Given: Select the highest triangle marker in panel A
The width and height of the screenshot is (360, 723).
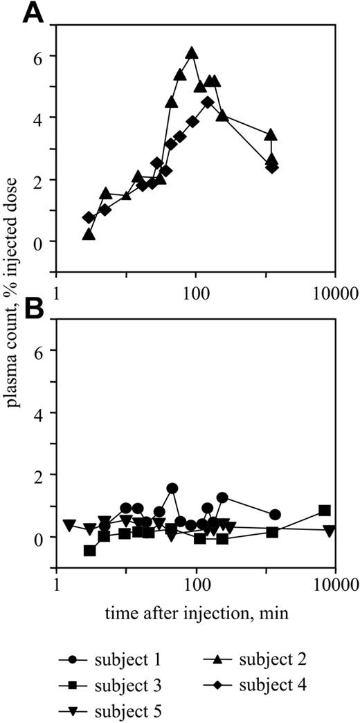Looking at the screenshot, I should (x=192, y=53).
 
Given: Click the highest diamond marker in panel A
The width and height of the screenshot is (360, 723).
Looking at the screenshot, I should (x=207, y=102).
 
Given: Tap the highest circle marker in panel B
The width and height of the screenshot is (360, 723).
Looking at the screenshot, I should (x=172, y=488).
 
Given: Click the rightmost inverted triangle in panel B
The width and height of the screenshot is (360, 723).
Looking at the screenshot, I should (x=330, y=531).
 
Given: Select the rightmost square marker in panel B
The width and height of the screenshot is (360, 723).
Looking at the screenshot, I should (x=324, y=511).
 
